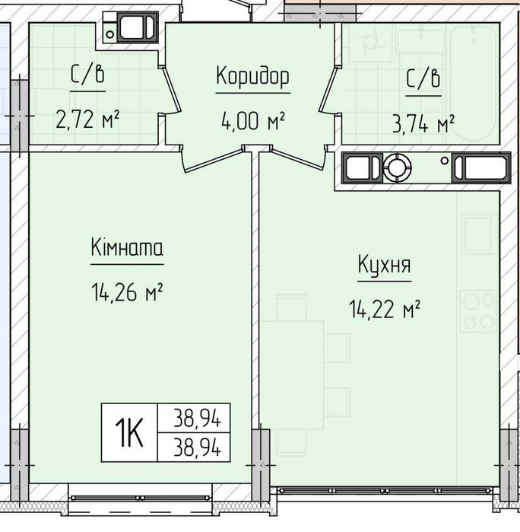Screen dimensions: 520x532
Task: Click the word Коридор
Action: point(253,77)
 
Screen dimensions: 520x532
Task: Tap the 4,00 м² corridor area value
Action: point(253,122)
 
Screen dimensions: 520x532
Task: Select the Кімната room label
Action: point(127,247)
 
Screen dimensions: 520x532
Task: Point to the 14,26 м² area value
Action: point(127,292)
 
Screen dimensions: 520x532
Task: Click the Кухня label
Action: point(385,265)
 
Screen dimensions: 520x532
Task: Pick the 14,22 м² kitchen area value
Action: point(385,309)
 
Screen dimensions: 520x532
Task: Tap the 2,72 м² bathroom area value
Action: point(87,119)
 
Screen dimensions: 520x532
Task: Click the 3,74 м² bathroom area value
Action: point(423,124)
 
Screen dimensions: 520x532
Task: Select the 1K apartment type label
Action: point(129,433)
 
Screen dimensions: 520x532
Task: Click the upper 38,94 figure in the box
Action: point(198,418)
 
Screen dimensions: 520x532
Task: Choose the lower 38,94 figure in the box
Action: point(198,447)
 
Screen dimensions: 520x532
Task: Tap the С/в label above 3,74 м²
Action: point(423,78)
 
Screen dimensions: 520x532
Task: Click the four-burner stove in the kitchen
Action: point(478,311)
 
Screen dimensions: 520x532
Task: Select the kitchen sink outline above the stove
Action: point(479,234)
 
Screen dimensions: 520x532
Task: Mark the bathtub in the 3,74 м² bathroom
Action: point(473,83)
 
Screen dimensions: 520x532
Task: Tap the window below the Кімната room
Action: point(141,498)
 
